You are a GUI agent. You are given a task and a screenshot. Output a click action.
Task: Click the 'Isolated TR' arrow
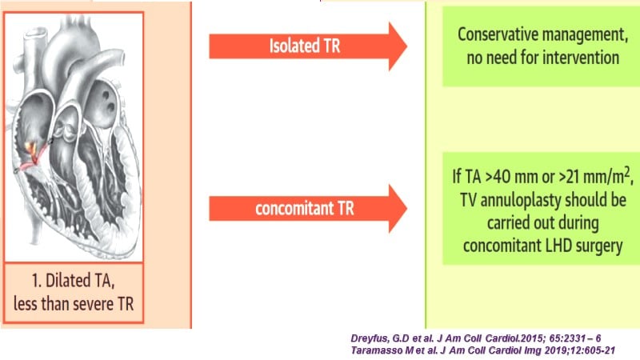(x=308, y=46)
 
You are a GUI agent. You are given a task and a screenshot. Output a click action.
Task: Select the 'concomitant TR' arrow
(x=308, y=209)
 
